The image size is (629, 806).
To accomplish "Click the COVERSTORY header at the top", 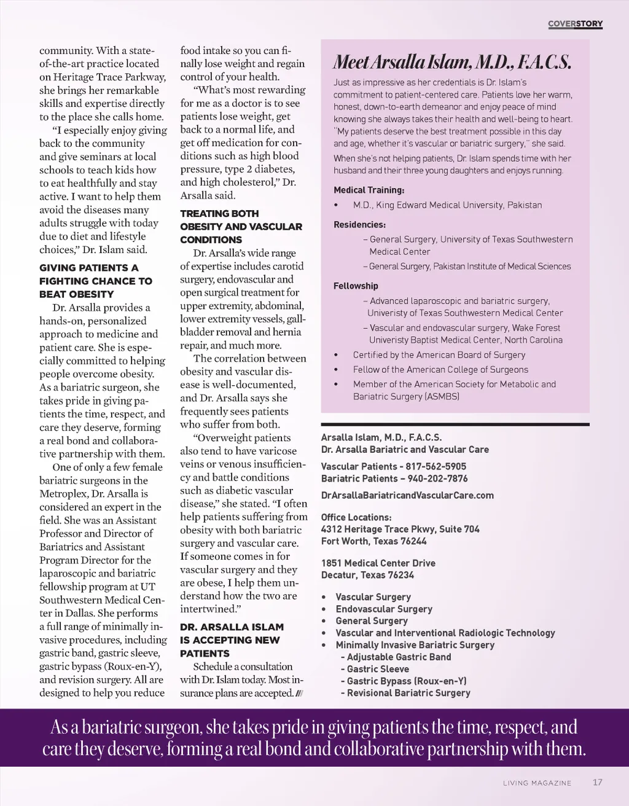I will pos(575,24).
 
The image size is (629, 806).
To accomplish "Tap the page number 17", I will pos(598,783).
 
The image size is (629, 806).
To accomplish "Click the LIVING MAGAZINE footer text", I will pos(537,783).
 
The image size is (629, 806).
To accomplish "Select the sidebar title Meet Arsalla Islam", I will pos(452,62).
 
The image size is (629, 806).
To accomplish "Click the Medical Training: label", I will pos(369,190).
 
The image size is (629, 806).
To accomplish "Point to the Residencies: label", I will pos(359,225).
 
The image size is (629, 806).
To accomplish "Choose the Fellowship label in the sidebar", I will pos(356,286).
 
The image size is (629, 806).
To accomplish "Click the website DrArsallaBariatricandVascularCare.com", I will pos(407,495).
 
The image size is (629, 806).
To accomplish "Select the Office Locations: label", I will pos(356,517).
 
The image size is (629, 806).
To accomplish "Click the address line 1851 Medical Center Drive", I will pos(378,563).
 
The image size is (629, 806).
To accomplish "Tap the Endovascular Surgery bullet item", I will pos(384,609).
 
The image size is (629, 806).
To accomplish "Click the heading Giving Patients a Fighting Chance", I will pos(95,281).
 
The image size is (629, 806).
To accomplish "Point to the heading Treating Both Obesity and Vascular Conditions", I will pos(241,227).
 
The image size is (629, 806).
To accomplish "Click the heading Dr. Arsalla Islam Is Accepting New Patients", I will pos(232,640).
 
